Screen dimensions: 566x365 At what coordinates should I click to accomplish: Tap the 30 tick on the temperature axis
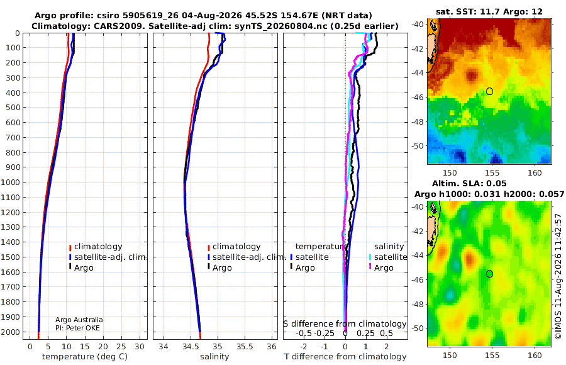(140, 346)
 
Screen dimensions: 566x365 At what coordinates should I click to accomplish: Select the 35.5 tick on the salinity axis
(245, 346)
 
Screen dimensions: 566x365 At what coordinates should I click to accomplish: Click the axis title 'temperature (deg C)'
(85, 357)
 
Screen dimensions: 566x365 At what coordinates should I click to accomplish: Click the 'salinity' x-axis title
(214, 357)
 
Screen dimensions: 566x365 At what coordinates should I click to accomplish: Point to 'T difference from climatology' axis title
(345, 357)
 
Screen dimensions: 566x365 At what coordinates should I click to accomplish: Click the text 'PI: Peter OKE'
(77, 328)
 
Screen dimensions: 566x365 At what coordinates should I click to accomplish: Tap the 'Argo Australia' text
(79, 320)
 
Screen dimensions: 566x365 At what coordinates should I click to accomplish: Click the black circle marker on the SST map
(489, 91)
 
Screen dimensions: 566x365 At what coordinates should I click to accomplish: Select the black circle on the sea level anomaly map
(489, 274)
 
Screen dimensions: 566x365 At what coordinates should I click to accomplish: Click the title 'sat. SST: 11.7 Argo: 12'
(489, 11)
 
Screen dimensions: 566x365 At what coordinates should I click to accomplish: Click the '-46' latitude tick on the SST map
(418, 97)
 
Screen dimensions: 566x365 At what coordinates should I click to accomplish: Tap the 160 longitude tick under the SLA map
(535, 355)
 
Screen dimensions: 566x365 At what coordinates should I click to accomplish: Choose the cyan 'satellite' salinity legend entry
(387, 257)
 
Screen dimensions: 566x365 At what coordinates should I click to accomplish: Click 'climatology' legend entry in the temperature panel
(96, 247)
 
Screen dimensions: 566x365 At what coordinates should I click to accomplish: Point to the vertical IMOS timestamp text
(558, 276)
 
